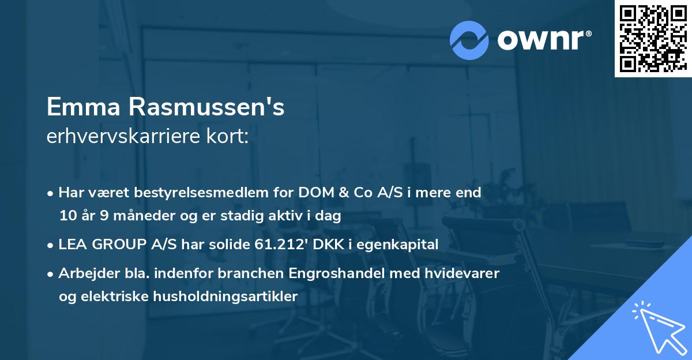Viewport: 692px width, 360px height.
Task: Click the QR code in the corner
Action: pyautogui.click(x=652, y=38)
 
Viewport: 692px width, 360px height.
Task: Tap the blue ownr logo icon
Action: pyautogui.click(x=469, y=40)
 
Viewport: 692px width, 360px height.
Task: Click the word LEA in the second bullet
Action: pyautogui.click(x=73, y=245)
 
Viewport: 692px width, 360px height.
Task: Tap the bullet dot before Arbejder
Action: pyautogui.click(x=51, y=273)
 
